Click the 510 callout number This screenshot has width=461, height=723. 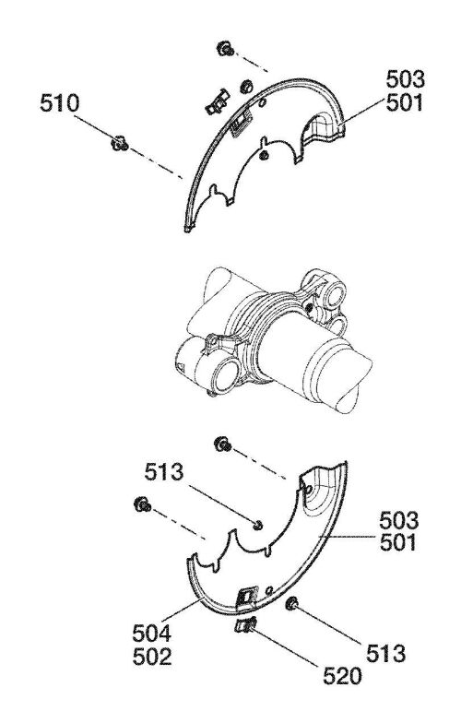click(x=59, y=103)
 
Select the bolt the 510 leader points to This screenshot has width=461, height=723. click(x=119, y=144)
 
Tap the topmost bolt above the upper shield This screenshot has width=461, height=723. click(x=225, y=48)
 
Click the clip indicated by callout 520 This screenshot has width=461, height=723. click(x=245, y=625)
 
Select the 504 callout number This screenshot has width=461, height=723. click(x=152, y=634)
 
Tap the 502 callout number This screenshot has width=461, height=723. click(x=152, y=657)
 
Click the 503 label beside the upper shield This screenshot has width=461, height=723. click(x=406, y=79)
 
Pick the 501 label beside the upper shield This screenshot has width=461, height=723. click(x=406, y=103)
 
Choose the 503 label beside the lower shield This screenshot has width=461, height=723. click(x=399, y=520)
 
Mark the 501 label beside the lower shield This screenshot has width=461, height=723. click(x=399, y=542)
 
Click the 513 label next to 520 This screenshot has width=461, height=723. click(x=385, y=653)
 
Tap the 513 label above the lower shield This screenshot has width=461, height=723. click(x=164, y=472)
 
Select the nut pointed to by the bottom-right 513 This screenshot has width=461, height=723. click(x=291, y=604)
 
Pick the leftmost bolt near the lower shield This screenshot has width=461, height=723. click(x=142, y=504)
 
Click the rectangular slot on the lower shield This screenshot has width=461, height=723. click(x=247, y=598)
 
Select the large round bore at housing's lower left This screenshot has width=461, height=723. click(x=223, y=376)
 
